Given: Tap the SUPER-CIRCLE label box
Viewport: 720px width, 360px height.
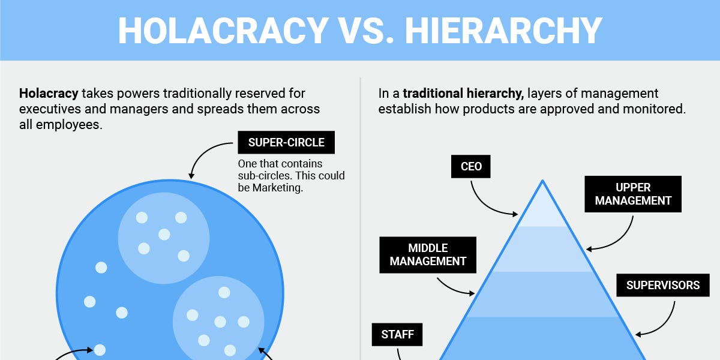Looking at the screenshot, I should (286, 143).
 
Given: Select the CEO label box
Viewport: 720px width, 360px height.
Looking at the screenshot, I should (471, 166).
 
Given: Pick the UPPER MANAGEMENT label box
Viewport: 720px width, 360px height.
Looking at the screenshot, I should (633, 194).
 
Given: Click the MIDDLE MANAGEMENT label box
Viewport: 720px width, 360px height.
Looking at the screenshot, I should (428, 254).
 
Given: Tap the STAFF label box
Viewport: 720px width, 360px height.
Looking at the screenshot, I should (397, 335).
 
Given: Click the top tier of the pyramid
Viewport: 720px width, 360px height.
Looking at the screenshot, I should (542, 207).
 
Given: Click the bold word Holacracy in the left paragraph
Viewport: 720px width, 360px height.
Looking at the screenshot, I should (49, 94).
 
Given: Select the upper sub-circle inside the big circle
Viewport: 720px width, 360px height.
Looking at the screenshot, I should (163, 237).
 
